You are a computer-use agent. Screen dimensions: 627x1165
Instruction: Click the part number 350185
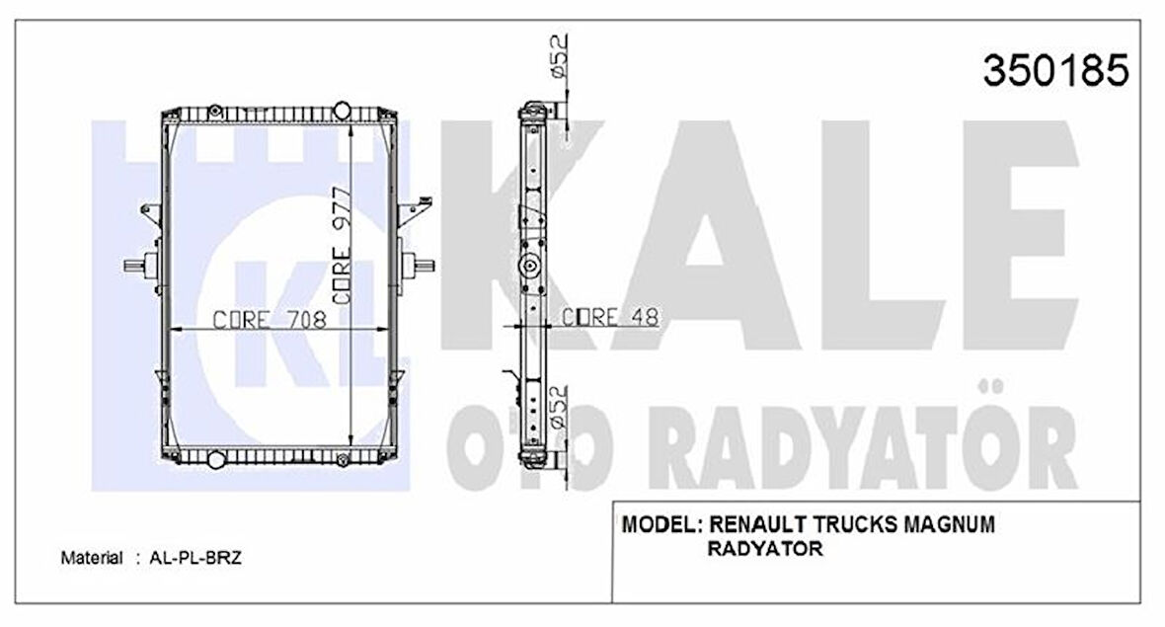pos(1053,70)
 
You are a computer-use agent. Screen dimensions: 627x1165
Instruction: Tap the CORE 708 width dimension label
pos(270,319)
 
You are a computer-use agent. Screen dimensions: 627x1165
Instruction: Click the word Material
pos(92,558)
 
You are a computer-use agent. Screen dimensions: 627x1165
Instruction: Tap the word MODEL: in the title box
pos(661,525)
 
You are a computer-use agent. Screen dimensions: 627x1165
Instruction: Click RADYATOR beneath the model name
pos(765,550)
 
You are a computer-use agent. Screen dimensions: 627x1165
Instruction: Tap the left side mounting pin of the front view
pos(136,265)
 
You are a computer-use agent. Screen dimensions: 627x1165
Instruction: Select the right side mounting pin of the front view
pos(423,265)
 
